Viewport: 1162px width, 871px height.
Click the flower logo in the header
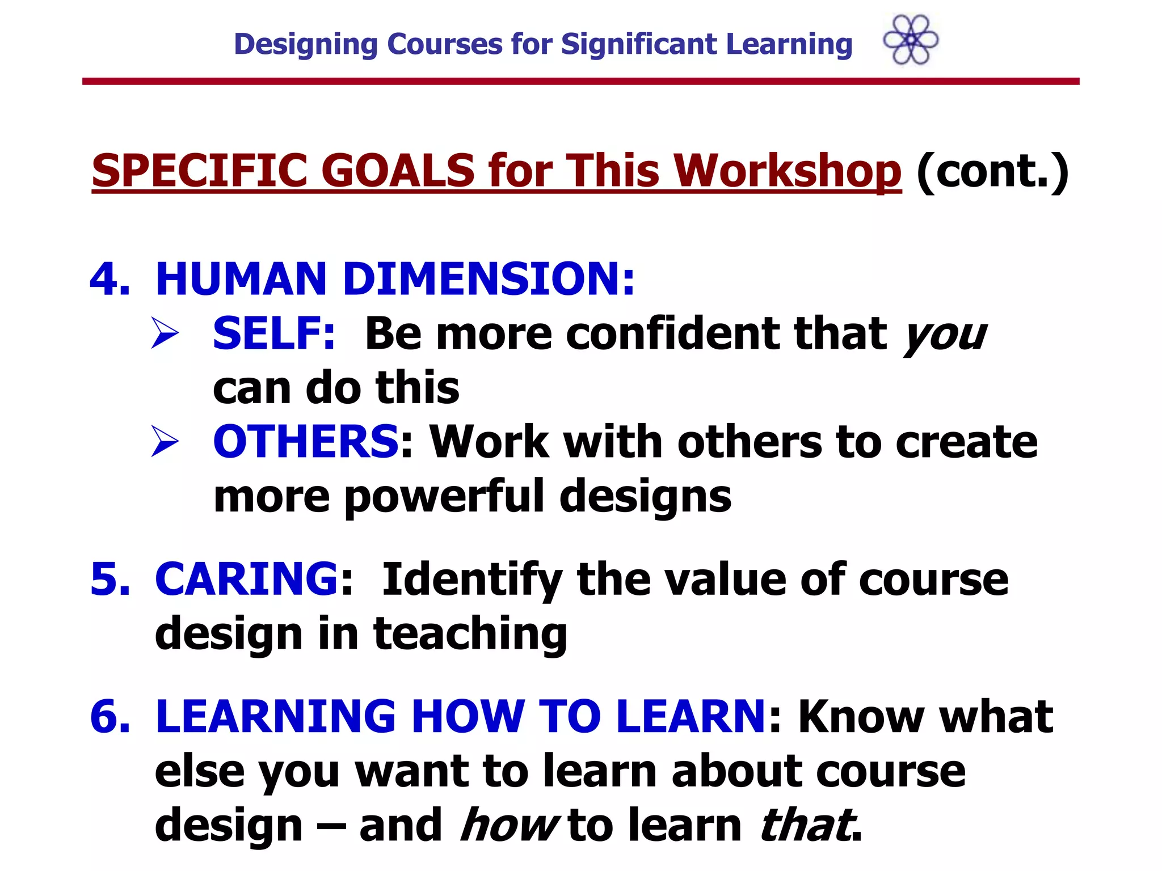[x=911, y=40]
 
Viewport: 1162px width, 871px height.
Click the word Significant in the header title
[x=639, y=44]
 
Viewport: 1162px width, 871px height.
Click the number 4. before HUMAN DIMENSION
[x=110, y=279]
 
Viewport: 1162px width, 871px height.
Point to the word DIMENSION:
[x=489, y=279]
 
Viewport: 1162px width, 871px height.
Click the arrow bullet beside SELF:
[x=165, y=333]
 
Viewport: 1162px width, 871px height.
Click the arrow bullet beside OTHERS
[x=165, y=442]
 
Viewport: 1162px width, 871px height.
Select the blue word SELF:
[x=274, y=333]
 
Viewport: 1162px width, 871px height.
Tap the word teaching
[x=470, y=633]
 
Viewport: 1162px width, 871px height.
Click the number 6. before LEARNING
[x=110, y=716]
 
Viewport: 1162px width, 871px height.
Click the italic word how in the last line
[x=508, y=825]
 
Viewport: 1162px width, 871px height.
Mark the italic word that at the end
[x=806, y=825]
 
